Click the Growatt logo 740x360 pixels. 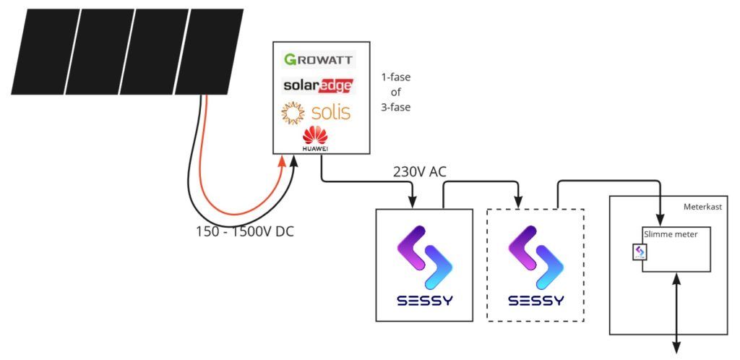[317, 60]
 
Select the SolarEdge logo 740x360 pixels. [318, 85]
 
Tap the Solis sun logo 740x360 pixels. [293, 113]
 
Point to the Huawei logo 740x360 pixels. [315, 137]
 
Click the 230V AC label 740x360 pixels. [418, 173]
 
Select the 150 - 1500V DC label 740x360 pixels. [245, 232]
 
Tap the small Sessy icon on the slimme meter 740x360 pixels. [640, 252]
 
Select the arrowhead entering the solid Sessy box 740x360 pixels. [413, 201]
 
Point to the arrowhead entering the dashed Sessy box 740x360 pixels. [518, 201]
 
